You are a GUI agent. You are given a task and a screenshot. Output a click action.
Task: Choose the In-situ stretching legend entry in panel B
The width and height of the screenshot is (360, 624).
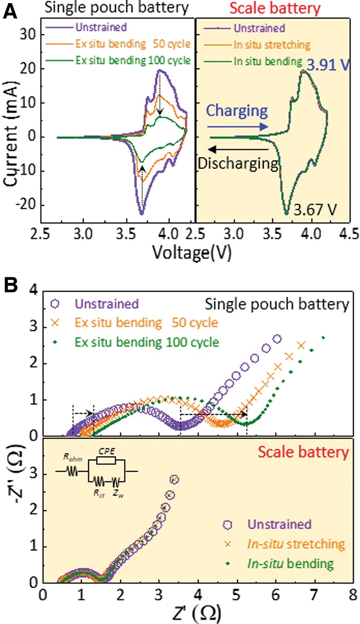point(302,544)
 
